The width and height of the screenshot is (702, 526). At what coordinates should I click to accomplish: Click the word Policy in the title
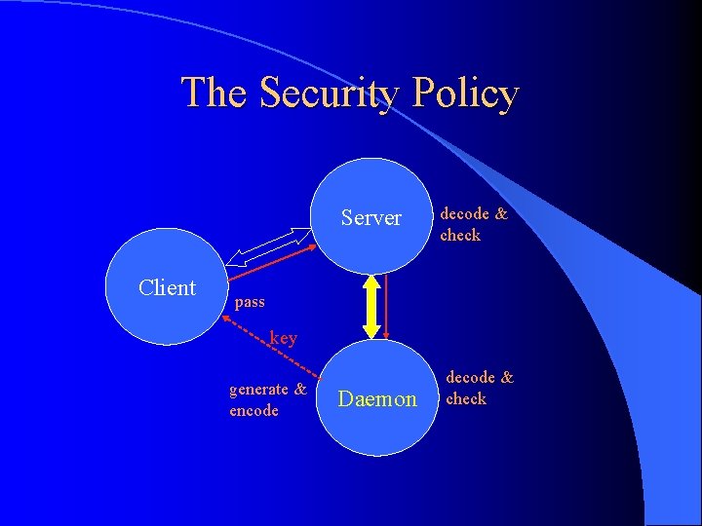click(465, 94)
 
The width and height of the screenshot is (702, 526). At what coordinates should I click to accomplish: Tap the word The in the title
click(216, 94)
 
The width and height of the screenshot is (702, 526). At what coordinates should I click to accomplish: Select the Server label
click(370, 218)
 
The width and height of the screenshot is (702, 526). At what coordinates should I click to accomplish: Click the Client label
click(167, 287)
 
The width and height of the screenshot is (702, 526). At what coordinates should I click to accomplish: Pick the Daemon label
click(376, 398)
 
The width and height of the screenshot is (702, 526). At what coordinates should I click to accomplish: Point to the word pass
click(250, 302)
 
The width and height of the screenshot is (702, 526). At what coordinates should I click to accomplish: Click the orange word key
click(283, 338)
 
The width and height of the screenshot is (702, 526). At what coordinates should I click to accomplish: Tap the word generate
click(258, 390)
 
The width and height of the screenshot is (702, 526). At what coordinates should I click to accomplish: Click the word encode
click(253, 410)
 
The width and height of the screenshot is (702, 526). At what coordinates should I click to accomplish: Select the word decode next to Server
click(465, 214)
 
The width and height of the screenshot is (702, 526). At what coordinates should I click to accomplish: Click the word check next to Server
click(460, 235)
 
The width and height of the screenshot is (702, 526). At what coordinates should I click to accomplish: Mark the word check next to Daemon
click(466, 398)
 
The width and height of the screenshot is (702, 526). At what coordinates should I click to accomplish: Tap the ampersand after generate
click(300, 390)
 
